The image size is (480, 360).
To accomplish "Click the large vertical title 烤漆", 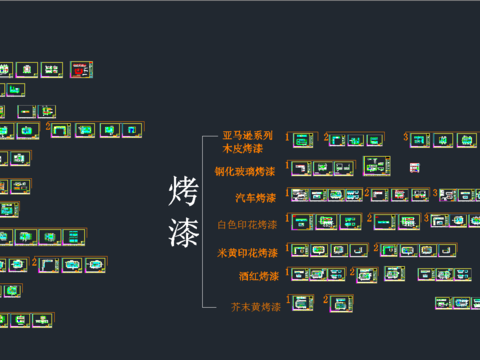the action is tap(185, 212).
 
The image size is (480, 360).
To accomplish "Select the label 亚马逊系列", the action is tap(247, 135).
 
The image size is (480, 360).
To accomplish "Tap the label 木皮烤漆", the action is tap(243, 148).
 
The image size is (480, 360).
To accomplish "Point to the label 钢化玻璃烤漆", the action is tap(245, 171).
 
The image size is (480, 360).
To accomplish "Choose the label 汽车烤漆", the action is tap(257, 197).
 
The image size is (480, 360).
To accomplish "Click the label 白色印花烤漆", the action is tap(248, 224).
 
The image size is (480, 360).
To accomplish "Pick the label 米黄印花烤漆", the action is tap(248, 252).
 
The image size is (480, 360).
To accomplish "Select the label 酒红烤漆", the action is tap(258, 275).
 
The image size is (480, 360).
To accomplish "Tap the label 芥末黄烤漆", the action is tap(255, 306).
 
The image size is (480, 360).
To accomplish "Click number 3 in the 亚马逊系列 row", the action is tap(406, 137).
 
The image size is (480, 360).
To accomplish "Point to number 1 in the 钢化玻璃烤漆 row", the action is tap(288, 165).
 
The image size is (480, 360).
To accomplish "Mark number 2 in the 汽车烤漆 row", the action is tap(365, 192).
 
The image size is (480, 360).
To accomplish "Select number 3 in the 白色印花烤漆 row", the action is tap(424, 218).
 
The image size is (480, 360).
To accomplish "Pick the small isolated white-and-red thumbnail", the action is tap(415, 167).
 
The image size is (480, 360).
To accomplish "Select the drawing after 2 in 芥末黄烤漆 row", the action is tap(343, 301).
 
